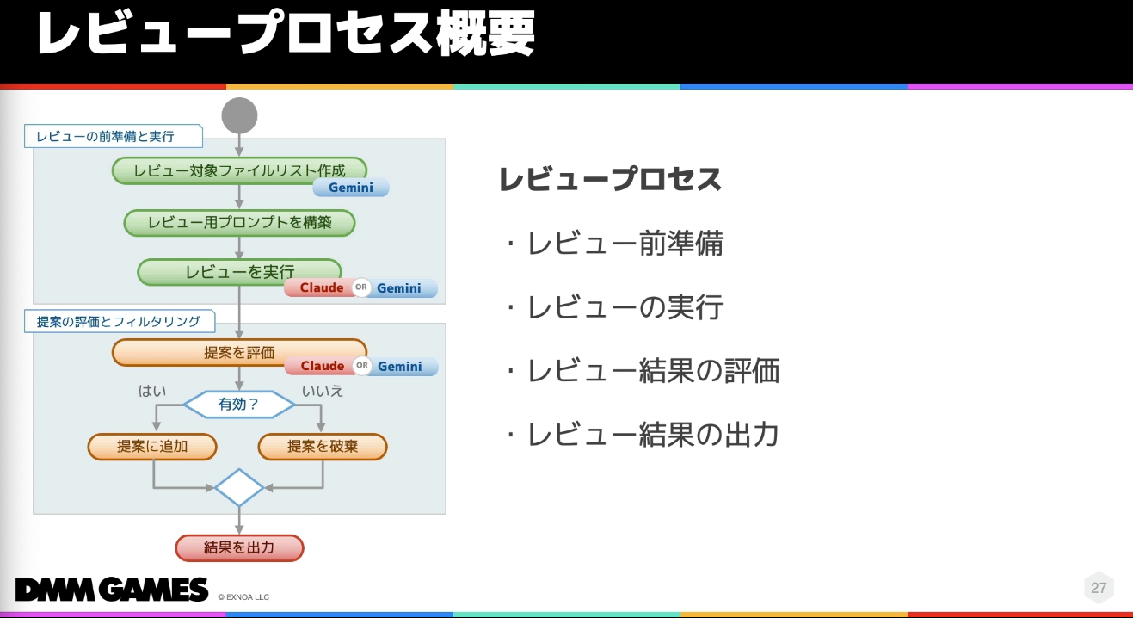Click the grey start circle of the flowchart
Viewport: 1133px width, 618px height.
(239, 116)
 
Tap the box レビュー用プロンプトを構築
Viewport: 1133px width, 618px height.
(239, 222)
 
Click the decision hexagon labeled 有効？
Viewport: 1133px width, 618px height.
(239, 404)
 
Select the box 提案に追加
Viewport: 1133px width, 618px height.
(152, 447)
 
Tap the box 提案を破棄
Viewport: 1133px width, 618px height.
(323, 447)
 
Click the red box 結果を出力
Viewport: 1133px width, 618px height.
(239, 547)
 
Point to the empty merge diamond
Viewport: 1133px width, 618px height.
(239, 488)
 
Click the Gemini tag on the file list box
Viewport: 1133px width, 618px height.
(351, 188)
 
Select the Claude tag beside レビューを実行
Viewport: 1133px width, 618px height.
(321, 288)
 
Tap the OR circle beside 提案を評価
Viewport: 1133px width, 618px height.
(362, 366)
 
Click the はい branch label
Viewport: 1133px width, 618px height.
(152, 391)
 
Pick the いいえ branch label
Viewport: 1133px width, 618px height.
(323, 391)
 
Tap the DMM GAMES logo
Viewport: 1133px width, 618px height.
(112, 590)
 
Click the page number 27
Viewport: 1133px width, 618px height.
(1099, 588)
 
